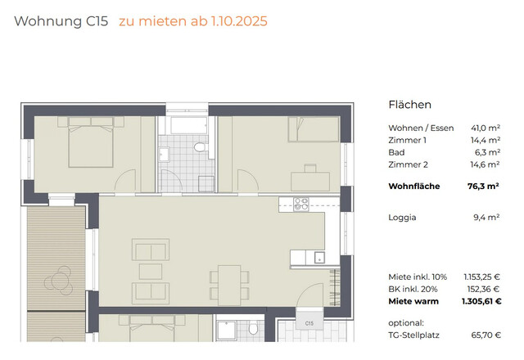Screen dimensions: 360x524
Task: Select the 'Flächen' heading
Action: point(409,105)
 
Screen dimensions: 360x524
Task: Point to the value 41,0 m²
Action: point(484,128)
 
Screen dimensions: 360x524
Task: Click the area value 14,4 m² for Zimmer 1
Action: point(484,141)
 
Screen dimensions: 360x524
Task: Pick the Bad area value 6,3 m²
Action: point(486,152)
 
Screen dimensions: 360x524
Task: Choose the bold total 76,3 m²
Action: point(483,187)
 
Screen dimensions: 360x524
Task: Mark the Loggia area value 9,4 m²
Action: point(486,218)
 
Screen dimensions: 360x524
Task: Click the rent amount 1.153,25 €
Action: point(478,277)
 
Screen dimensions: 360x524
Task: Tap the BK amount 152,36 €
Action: point(481,290)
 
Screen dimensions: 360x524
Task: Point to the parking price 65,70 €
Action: point(484,335)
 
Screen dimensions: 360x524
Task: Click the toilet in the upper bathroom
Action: point(199,146)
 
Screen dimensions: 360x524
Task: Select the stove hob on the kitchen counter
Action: point(301,205)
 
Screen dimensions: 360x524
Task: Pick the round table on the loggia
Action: point(60,281)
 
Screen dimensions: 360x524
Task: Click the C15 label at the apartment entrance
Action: point(309,324)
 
